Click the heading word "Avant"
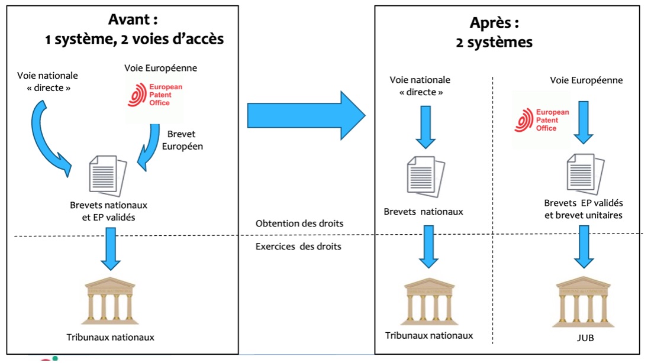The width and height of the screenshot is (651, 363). point(128,20)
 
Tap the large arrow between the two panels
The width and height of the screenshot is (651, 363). point(306,115)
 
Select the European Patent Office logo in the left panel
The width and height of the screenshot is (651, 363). point(153,95)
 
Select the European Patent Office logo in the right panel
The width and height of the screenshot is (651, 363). point(541,120)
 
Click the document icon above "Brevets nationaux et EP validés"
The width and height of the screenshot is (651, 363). point(107,175)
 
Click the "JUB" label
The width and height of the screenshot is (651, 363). point(585,338)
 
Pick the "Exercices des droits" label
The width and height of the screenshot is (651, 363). point(298,246)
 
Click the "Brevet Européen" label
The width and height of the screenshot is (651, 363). point(182,140)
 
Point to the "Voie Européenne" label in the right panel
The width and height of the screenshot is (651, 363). point(586,80)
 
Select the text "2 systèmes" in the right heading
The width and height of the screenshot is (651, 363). point(494,43)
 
